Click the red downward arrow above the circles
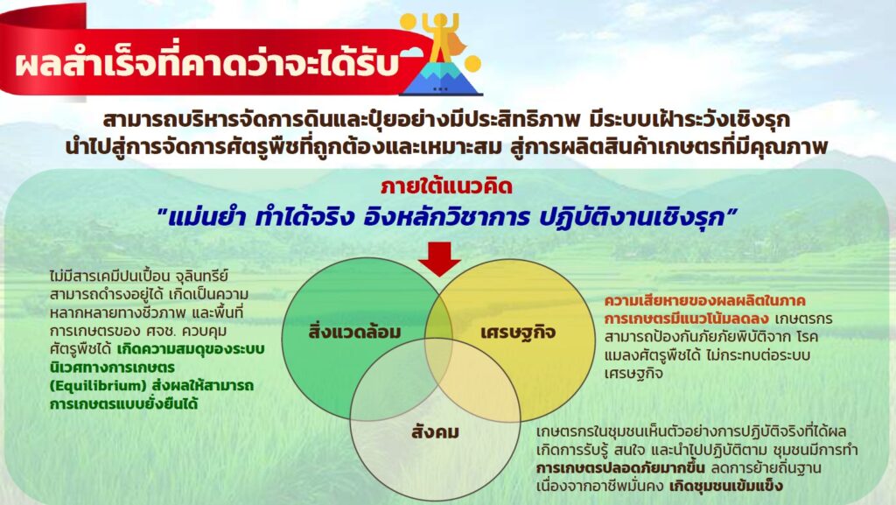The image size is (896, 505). click(x=439, y=259)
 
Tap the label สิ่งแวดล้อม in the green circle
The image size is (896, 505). click(x=354, y=332)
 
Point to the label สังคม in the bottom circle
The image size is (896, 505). click(x=436, y=431)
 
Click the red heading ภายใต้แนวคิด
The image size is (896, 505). click(x=447, y=186)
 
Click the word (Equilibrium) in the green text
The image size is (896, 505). click(x=98, y=386)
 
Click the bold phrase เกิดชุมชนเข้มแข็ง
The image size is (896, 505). click(x=725, y=486)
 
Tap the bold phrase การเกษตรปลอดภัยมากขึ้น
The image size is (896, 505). click(x=620, y=468)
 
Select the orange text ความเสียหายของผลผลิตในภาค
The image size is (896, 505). click(x=705, y=300)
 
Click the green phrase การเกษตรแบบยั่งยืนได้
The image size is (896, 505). click(x=124, y=403)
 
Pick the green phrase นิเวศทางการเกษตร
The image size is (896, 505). click(x=112, y=368)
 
